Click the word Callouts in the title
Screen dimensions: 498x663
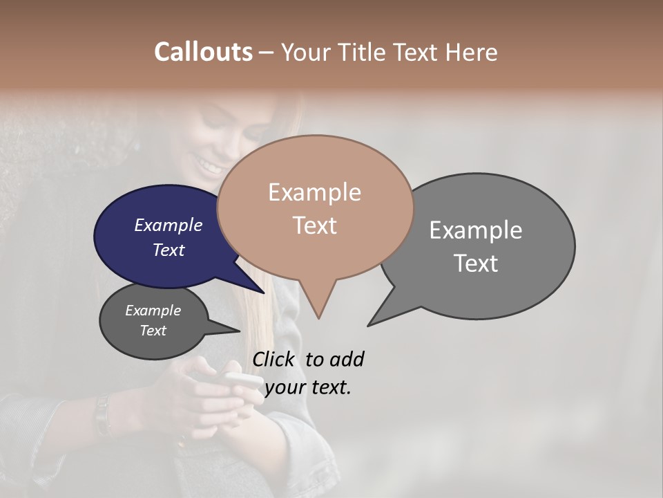click(203, 52)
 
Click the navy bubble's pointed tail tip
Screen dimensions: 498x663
click(263, 293)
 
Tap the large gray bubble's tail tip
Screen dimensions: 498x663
click(369, 325)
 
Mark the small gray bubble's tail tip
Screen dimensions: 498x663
click(239, 331)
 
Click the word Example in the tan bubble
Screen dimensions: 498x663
click(314, 192)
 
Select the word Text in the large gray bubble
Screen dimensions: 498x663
click(476, 264)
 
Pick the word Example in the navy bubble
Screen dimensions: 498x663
click(169, 225)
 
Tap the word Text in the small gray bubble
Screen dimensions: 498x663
click(153, 331)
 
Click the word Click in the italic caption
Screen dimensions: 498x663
click(275, 359)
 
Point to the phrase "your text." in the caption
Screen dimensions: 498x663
click(308, 387)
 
